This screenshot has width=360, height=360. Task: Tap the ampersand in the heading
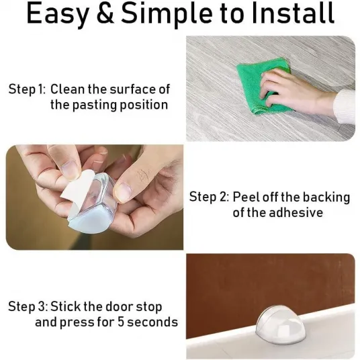tap(105, 13)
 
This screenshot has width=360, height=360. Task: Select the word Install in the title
tap(293, 13)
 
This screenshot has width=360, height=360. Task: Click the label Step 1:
tap(28, 89)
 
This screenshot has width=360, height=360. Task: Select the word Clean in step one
tap(67, 89)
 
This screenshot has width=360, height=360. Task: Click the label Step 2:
tap(209, 197)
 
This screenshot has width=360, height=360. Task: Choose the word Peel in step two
tap(246, 197)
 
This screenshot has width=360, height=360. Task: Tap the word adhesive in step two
tap(296, 212)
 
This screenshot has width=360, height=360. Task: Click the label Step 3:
tap(28, 306)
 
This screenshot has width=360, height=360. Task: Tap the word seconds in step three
tap(152, 322)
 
